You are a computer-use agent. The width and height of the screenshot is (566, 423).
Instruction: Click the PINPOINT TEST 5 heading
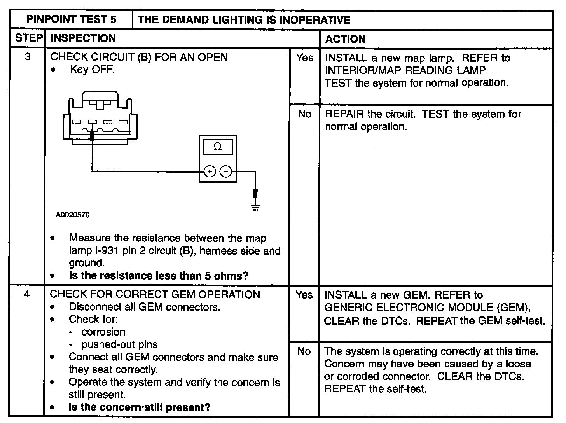pos(72,19)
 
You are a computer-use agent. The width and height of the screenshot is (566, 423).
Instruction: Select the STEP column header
pos(28,38)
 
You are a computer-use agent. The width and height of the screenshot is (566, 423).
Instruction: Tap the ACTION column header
pos(345,39)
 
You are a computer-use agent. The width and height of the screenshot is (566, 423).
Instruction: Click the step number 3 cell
pos(27,57)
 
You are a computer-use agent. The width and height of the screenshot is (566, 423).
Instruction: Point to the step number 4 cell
pos(26,294)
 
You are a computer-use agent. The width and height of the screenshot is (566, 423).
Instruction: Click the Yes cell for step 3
pos(304,58)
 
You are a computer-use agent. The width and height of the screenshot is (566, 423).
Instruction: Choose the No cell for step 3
pos(304,114)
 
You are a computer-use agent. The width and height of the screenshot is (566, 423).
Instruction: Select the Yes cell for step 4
pos(304,295)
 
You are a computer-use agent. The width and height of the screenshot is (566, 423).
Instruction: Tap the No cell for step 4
pos(304,351)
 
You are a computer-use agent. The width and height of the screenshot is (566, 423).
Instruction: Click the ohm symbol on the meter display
pos(218,147)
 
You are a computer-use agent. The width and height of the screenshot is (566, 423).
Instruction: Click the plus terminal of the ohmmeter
pos(210,171)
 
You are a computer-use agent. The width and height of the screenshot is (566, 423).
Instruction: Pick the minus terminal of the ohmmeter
pos(226,171)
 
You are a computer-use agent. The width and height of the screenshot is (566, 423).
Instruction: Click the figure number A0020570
pos(73,215)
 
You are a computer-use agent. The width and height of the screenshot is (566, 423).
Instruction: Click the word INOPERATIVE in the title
pos(315,20)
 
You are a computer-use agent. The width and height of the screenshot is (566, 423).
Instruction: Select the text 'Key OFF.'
pos(92,70)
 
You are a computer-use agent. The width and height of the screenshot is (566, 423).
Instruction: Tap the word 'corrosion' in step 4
pos(103,332)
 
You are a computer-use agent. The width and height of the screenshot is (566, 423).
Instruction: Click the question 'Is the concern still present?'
pos(140,407)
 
